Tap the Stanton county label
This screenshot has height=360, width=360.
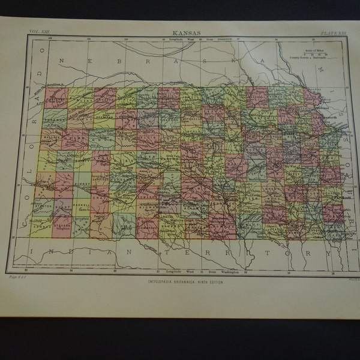[43, 203]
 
